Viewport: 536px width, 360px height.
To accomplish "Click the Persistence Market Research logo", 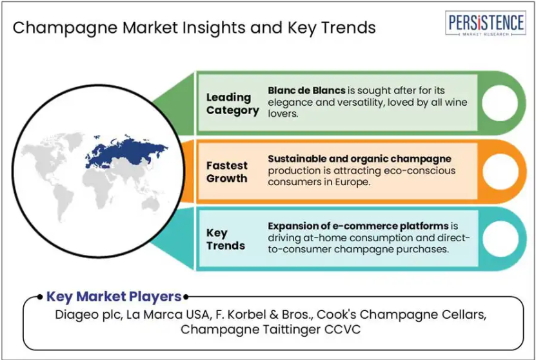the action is click(x=486, y=23).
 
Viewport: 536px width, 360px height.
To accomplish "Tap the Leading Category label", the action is click(x=232, y=104).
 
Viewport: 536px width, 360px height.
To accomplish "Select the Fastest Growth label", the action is click(x=226, y=172).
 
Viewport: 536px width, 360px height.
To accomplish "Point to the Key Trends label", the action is click(x=226, y=239).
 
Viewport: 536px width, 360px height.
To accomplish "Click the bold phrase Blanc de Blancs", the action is click(x=306, y=90).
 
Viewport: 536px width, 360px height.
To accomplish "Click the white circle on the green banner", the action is click(x=500, y=103).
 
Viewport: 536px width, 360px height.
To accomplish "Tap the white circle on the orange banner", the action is click(x=500, y=172).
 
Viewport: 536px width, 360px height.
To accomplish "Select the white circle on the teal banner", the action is click(x=500, y=239).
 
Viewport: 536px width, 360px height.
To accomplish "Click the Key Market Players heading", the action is click(x=114, y=297).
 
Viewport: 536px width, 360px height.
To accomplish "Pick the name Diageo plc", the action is click(x=88, y=315).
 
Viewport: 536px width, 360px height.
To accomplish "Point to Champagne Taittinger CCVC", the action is click(x=270, y=330).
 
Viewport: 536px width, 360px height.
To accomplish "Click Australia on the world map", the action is click(x=150, y=204).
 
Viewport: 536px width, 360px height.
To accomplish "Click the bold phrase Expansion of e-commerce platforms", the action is click(x=358, y=226).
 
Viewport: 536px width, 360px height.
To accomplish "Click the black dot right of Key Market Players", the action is click(x=186, y=297).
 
